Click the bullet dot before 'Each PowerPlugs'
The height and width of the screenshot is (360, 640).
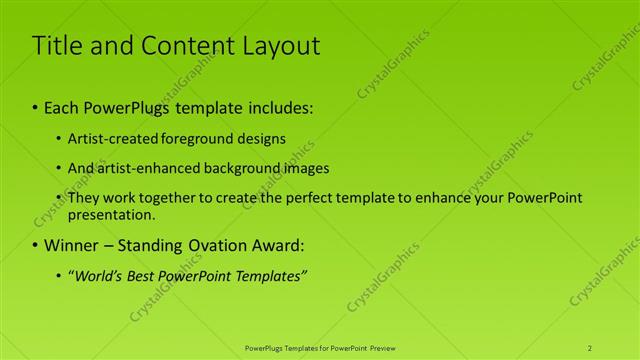[x=36, y=105]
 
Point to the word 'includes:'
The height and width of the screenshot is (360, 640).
[x=283, y=105]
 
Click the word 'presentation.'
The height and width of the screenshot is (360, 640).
[x=112, y=214]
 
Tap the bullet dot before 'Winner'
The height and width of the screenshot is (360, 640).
[x=36, y=245]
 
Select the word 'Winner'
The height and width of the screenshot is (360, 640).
[x=72, y=245]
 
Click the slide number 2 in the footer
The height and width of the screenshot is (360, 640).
[x=590, y=347]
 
